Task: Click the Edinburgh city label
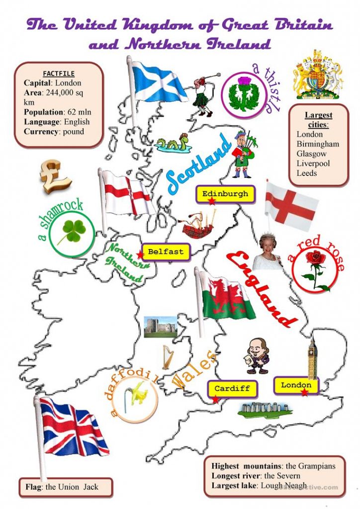tap(225, 194)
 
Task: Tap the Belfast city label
tap(165, 252)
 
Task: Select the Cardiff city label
tap(232, 388)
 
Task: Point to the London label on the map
tap(296, 385)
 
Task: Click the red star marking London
tap(304, 393)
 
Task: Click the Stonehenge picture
tap(264, 409)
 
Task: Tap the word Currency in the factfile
tap(39, 132)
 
